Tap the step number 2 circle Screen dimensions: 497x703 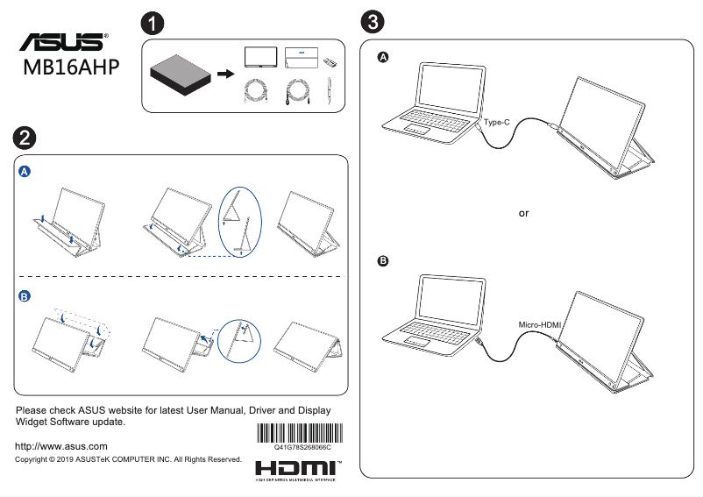(24, 136)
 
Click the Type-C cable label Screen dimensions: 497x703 (496, 123)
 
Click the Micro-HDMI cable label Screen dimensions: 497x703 (539, 325)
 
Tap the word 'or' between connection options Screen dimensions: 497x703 (523, 213)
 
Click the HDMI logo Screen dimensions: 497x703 (298, 468)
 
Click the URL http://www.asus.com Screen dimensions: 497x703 (61, 446)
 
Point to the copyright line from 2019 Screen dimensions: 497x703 (128, 459)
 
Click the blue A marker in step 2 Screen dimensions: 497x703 (25, 173)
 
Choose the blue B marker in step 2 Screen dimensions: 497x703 (25, 297)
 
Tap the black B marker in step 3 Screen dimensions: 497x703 (382, 261)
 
